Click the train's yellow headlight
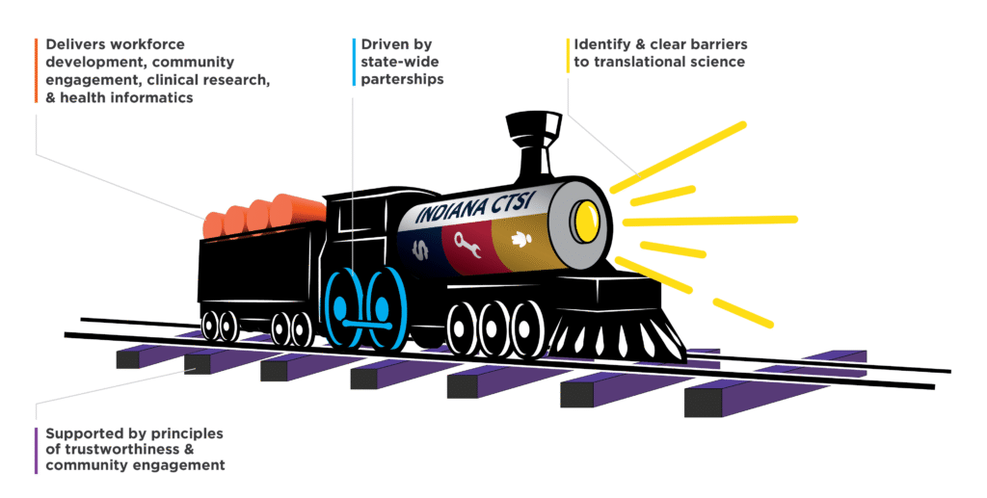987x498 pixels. [584, 219]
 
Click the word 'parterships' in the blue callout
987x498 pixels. [402, 79]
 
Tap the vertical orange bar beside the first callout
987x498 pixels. [36, 71]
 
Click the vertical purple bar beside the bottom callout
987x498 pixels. [36, 450]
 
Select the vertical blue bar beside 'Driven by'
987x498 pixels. [353, 62]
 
